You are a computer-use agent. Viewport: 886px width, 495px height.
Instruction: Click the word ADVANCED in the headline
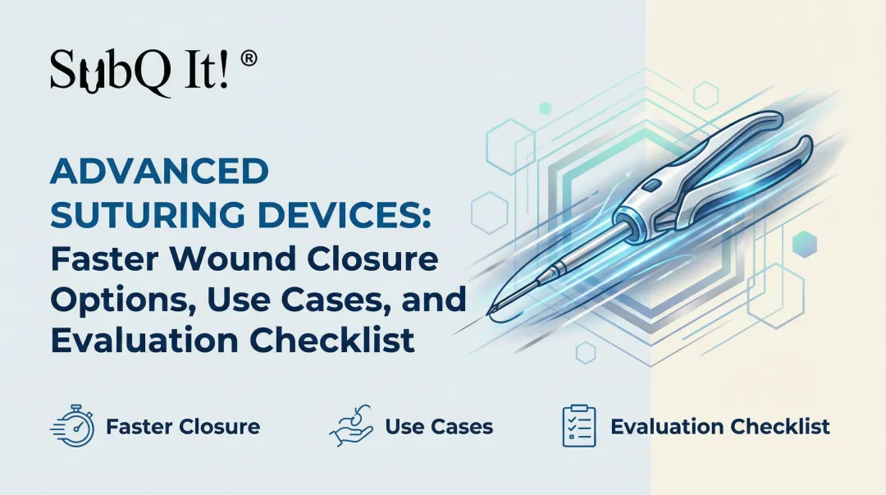point(159,172)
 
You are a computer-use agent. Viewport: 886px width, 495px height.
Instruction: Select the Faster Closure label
point(182,427)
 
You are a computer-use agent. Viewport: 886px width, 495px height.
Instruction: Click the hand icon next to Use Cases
point(351,425)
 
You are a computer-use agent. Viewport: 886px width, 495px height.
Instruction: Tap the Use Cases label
point(439,427)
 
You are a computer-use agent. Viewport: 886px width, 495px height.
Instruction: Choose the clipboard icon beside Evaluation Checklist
point(579,425)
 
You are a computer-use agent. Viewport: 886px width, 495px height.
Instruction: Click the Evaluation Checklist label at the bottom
point(719,427)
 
